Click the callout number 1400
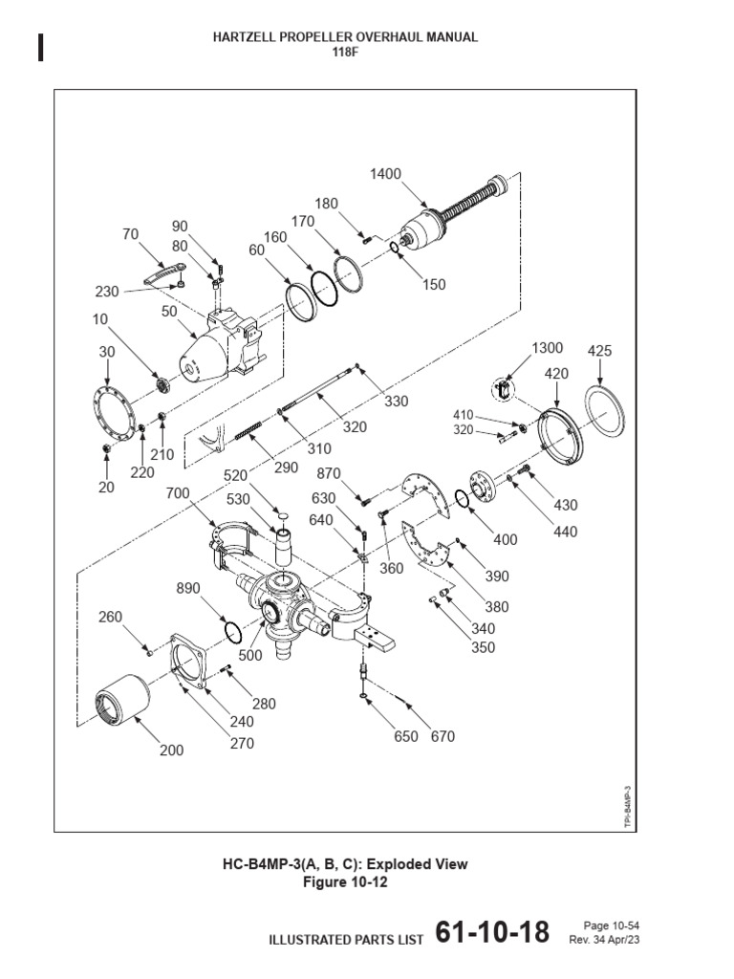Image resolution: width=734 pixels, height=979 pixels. (x=386, y=174)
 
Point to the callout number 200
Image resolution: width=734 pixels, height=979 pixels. (x=172, y=751)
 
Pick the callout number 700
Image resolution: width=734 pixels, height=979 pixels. (x=178, y=493)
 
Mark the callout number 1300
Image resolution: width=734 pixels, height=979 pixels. (x=548, y=348)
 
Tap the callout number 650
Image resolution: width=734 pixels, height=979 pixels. (x=406, y=736)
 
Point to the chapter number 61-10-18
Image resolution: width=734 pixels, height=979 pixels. (x=492, y=933)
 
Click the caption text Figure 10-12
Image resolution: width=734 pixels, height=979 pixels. (x=345, y=882)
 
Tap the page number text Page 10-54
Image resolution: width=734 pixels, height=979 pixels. (x=611, y=925)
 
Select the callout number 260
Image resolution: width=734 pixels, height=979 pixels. (x=111, y=617)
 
